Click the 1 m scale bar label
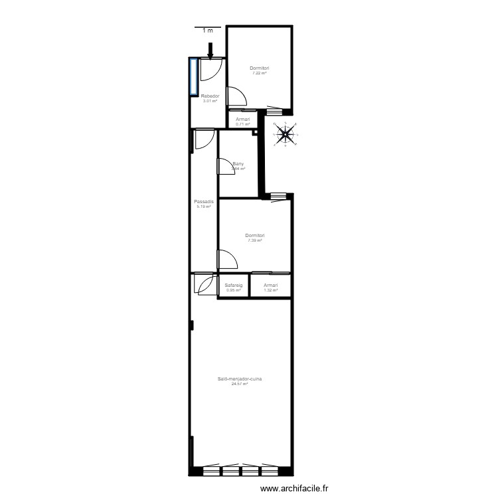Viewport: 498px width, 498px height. pyautogui.click(x=208, y=31)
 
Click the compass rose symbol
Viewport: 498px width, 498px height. pyautogui.click(x=286, y=135)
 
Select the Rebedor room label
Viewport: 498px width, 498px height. pyautogui.click(x=210, y=96)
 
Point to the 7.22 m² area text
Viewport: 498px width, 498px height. pyautogui.click(x=259, y=73)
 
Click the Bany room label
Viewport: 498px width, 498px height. pyautogui.click(x=238, y=164)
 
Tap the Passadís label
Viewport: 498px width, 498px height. pyautogui.click(x=203, y=202)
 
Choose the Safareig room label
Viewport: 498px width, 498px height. pyautogui.click(x=233, y=286)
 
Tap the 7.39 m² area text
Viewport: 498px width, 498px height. pyautogui.click(x=255, y=240)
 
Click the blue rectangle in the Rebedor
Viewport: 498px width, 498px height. pyautogui.click(x=193, y=76)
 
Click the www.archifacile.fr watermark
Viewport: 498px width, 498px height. pyautogui.click(x=295, y=488)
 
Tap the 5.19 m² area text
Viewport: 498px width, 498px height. pyautogui.click(x=203, y=207)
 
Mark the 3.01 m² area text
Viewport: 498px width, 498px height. pyautogui.click(x=210, y=101)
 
